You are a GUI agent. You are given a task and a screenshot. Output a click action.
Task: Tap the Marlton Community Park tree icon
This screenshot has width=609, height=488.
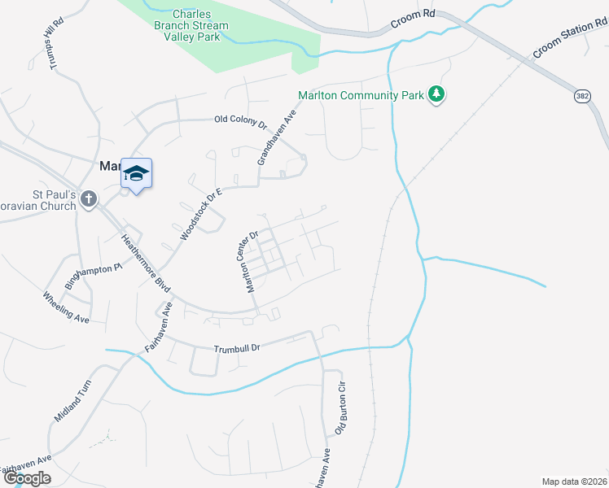(438, 94)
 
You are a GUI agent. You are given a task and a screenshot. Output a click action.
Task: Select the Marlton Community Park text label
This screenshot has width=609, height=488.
(361, 95)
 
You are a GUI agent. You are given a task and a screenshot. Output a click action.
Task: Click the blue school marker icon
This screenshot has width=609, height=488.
(137, 173)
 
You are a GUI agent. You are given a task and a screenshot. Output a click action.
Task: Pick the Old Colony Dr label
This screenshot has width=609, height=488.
(240, 120)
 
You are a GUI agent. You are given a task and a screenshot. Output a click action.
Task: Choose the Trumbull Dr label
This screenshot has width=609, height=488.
(236, 347)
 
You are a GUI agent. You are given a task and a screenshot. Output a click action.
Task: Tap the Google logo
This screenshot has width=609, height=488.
(27, 478)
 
